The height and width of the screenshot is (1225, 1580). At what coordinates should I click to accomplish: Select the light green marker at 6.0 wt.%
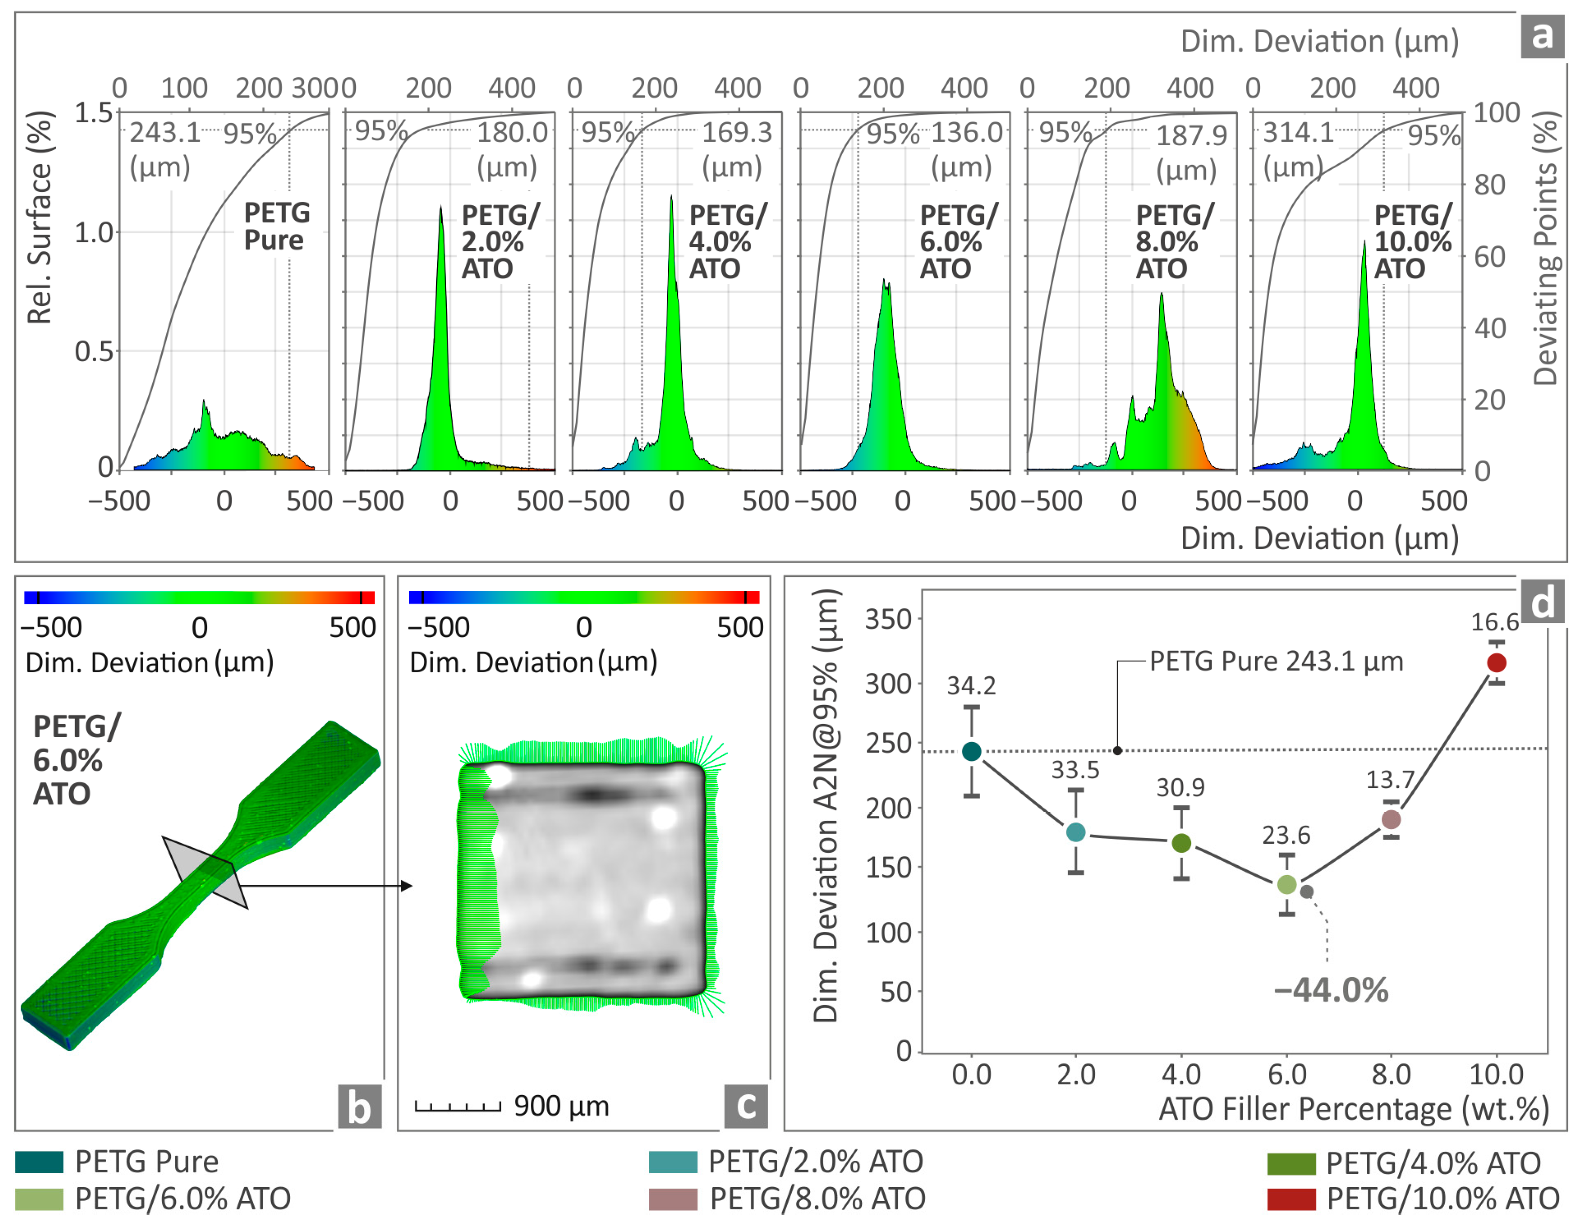pyautogui.click(x=1286, y=884)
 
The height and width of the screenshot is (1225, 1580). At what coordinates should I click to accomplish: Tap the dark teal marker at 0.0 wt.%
pyautogui.click(x=971, y=751)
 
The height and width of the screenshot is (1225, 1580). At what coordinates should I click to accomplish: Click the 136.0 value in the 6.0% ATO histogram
pyautogui.click(x=967, y=132)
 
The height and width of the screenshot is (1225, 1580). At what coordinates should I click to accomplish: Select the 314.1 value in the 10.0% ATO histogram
pyautogui.click(x=1298, y=132)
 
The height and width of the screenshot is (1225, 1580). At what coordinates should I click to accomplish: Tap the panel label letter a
pyautogui.click(x=1542, y=35)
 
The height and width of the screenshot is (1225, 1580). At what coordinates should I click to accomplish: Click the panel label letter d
pyautogui.click(x=1542, y=602)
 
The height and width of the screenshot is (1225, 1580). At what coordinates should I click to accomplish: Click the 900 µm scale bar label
pyautogui.click(x=561, y=1106)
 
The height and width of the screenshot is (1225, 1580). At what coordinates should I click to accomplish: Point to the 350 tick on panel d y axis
pyautogui.click(x=888, y=619)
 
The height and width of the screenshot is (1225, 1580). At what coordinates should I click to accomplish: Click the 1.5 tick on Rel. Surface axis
pyautogui.click(x=94, y=113)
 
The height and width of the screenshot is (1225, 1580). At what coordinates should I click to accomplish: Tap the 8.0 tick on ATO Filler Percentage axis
pyautogui.click(x=1391, y=1074)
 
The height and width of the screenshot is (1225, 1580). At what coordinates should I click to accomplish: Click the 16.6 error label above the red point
pyautogui.click(x=1495, y=622)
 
